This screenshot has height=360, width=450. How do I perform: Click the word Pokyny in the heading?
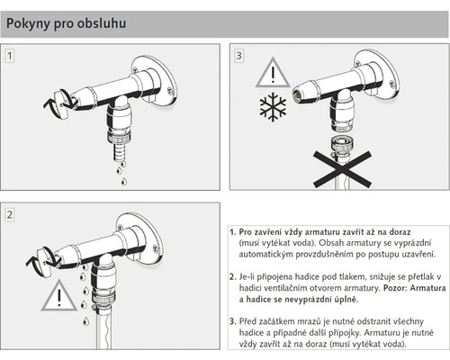pyautogui.click(x=28, y=23)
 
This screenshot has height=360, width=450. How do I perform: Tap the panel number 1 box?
pyautogui.click(x=10, y=56)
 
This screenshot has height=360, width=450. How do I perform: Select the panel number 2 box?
pyautogui.click(x=10, y=214)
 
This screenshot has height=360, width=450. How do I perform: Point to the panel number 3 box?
pyautogui.click(x=238, y=56)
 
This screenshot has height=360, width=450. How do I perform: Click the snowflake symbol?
pyautogui.click(x=273, y=107)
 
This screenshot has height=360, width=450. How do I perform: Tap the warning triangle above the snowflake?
pyautogui.click(x=273, y=72)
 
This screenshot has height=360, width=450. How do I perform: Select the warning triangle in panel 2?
pyautogui.click(x=59, y=295)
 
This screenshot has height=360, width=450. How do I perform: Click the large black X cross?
pyautogui.click(x=342, y=169)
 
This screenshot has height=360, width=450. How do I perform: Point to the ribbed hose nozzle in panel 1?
pyautogui.click(x=120, y=152)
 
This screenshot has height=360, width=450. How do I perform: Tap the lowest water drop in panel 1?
pyautogui.click(x=124, y=182)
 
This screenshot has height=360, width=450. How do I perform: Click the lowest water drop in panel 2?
pyautogui.click(x=85, y=321)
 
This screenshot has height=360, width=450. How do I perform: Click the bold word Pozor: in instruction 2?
pyautogui.click(x=395, y=288)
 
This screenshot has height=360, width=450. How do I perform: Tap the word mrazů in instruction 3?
pyautogui.click(x=310, y=321)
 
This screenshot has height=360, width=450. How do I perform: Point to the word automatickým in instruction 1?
pyautogui.click(x=266, y=255)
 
